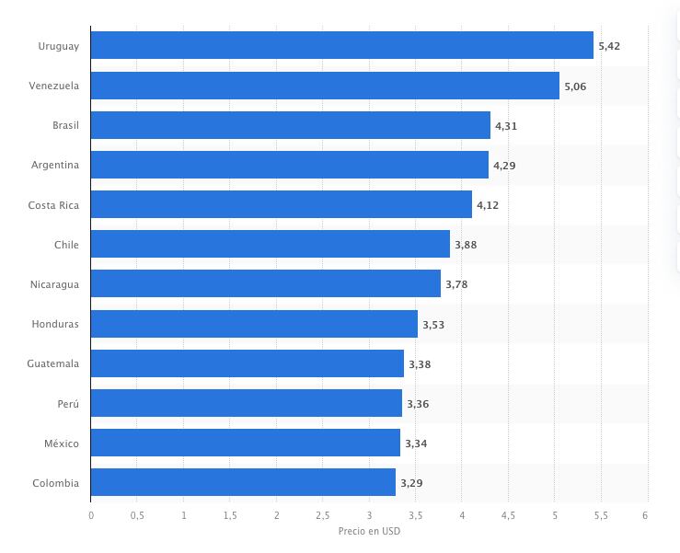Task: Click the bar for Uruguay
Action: tap(341, 45)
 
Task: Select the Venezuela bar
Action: tap(325, 86)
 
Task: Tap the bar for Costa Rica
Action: tap(281, 204)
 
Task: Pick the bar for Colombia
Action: tap(243, 482)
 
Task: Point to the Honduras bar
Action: tap(254, 324)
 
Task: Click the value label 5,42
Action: tap(610, 45)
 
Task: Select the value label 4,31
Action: tap(506, 125)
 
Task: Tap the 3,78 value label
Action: tap(456, 284)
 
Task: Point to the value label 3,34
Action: tap(416, 444)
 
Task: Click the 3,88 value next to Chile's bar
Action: tap(466, 245)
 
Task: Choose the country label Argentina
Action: tap(55, 165)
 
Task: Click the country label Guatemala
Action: tap(53, 363)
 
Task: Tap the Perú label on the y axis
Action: tap(66, 403)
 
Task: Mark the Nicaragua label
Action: tap(54, 284)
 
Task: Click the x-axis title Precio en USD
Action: tap(369, 531)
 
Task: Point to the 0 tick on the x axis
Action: tap(91, 515)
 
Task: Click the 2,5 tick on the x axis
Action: tap(323, 515)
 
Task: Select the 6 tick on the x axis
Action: tap(647, 515)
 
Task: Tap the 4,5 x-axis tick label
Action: tap(508, 515)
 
